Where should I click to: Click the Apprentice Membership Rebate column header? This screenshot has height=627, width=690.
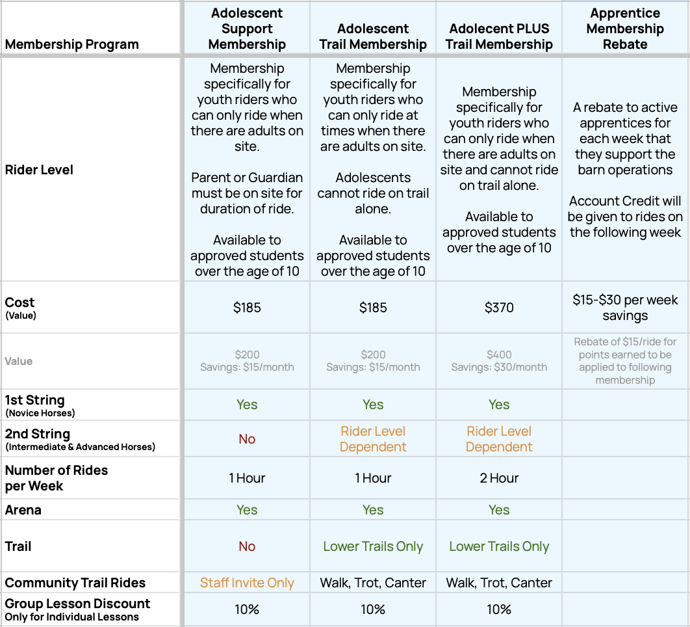point(625,29)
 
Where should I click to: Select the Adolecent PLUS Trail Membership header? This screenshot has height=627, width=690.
point(499,36)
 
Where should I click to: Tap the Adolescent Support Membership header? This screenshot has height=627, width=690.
point(247,29)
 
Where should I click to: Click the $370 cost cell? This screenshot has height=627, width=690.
point(499,308)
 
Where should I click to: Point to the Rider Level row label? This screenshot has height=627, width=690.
point(39,170)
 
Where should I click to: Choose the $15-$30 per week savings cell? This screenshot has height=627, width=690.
point(625,308)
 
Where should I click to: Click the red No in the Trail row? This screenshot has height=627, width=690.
point(247,546)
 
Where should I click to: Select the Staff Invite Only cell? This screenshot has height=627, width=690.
point(247,583)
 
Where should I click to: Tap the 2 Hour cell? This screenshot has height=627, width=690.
point(499,478)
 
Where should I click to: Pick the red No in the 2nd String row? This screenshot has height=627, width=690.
point(247,439)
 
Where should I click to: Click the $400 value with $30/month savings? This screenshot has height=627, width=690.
point(499,361)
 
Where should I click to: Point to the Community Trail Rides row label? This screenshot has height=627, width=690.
point(75,583)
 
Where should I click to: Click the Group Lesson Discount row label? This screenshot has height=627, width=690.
point(77,609)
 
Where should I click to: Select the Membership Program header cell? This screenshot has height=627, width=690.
point(71,44)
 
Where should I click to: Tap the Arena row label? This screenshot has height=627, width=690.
point(23,510)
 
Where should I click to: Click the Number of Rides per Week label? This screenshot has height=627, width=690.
point(57,478)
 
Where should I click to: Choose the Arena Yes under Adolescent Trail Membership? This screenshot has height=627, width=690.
point(373,510)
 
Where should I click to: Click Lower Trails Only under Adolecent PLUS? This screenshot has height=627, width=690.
point(499,546)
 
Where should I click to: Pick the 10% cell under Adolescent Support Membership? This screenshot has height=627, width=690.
point(247,609)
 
